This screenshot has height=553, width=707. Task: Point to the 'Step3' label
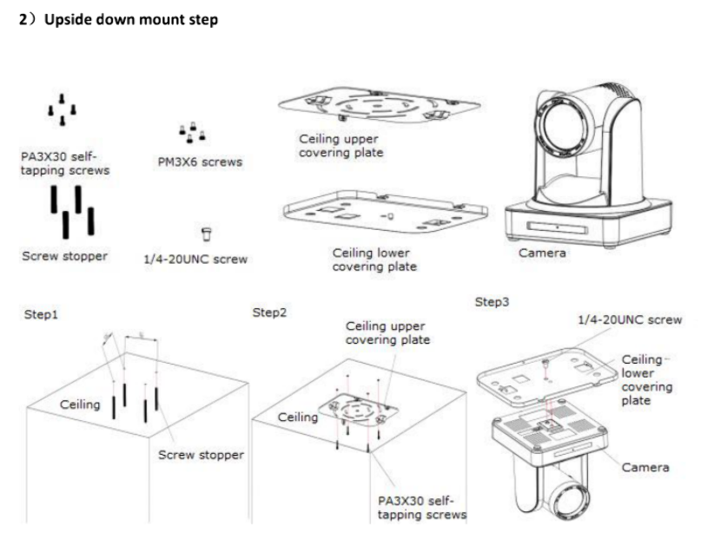(492, 301)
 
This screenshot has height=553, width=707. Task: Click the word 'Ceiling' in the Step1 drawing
(80, 405)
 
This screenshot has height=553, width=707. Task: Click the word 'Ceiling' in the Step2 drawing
(298, 418)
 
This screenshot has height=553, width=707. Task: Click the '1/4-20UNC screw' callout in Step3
(629, 319)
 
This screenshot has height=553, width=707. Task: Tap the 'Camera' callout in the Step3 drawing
(644, 467)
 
